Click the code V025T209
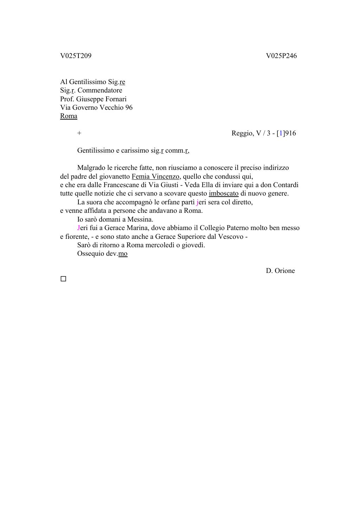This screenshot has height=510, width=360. click(76, 56)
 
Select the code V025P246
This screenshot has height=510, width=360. click(281, 56)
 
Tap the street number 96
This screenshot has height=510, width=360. click(129, 108)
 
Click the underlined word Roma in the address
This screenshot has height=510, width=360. click(69, 116)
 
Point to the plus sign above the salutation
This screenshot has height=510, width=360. click(79, 133)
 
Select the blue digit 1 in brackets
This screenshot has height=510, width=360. click(281, 133)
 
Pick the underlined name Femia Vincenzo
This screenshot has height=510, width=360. click(155, 176)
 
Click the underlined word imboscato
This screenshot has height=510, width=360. click(224, 193)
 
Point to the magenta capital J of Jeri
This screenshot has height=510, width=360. click(79, 228)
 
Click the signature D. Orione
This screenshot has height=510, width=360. click(280, 271)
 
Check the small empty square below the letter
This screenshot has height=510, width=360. click(63, 279)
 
